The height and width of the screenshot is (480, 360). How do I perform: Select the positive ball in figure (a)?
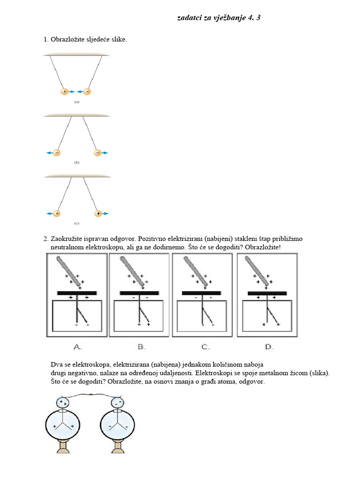click(x=65, y=92)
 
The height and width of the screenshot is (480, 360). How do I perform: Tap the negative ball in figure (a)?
click(x=87, y=92)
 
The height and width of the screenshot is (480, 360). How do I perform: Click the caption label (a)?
click(x=76, y=102)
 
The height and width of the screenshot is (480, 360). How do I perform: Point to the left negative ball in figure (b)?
click(x=57, y=153)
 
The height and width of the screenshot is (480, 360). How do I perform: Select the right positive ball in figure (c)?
click(x=98, y=213)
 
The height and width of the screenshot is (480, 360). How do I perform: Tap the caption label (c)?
click(x=76, y=223)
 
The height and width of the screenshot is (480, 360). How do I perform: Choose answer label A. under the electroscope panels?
click(x=78, y=347)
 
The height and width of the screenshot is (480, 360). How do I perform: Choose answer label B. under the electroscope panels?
click(x=141, y=347)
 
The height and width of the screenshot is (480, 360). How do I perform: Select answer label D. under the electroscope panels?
click(x=268, y=347)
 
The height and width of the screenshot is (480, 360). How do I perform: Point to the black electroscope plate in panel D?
click(x=267, y=293)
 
